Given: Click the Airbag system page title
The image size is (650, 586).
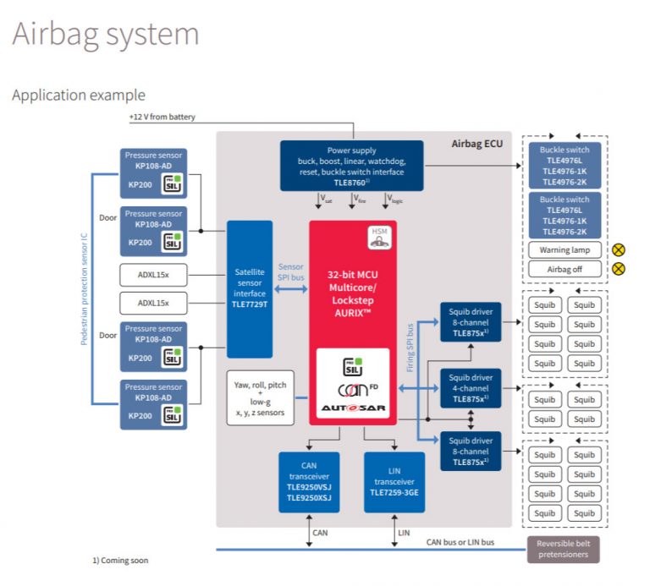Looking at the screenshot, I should (106, 35).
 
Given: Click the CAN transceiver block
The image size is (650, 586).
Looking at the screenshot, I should (309, 482).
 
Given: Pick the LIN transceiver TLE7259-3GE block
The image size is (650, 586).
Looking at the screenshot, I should (394, 482).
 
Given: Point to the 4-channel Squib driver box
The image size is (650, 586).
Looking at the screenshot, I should (470, 388).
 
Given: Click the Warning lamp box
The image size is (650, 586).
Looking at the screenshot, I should (565, 250).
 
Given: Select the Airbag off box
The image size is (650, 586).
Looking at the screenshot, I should (565, 269).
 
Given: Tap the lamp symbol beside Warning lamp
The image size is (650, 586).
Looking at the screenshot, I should (619, 250).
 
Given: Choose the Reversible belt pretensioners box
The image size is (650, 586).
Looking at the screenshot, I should (564, 549).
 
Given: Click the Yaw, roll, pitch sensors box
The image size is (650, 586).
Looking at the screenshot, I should (260, 398).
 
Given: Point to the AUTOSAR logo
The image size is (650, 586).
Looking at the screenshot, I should (353, 409).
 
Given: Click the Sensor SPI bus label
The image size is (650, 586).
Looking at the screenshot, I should (290, 271).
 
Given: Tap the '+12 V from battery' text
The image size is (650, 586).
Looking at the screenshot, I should (162, 117).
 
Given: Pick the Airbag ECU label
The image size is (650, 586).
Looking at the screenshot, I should (476, 144).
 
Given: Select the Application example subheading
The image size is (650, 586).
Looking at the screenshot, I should (78, 95).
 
